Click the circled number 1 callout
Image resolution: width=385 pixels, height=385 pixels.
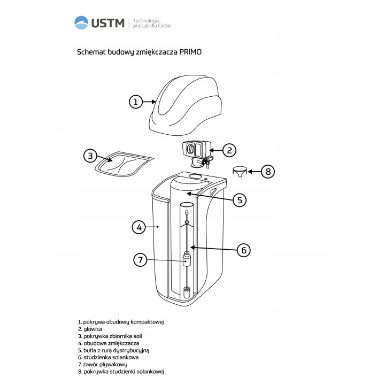pyautogui.click(x=136, y=102)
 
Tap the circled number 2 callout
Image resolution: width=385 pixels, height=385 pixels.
pyautogui.click(x=229, y=150)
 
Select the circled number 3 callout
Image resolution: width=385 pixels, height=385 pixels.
pyautogui.click(x=90, y=156)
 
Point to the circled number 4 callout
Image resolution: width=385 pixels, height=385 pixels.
pyautogui.click(x=139, y=227)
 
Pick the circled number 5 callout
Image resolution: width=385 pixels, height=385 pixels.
pyautogui.click(x=240, y=200)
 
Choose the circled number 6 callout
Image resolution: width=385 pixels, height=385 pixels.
pyautogui.click(x=244, y=250)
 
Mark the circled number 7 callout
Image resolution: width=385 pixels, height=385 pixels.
pyautogui.click(x=140, y=260)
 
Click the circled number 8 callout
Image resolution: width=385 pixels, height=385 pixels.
pyautogui.click(x=268, y=172)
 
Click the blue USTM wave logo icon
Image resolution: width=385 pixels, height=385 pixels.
pyautogui.click(x=81, y=22)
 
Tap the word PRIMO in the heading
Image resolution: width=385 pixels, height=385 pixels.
pyautogui.click(x=190, y=52)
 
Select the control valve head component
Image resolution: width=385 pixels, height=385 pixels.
pyautogui.click(x=197, y=154)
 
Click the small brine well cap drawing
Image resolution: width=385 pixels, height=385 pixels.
pyautogui.click(x=240, y=172)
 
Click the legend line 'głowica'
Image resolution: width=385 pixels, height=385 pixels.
pyautogui.click(x=90, y=329)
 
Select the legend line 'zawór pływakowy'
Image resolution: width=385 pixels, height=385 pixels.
pyautogui.click(x=103, y=365)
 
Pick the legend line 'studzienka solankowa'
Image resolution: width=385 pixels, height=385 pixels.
pyautogui.click(x=108, y=358)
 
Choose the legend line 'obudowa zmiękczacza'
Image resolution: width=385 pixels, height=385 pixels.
pyautogui.click(x=109, y=343)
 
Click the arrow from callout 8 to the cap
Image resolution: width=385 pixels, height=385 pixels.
pyautogui.click(x=254, y=172)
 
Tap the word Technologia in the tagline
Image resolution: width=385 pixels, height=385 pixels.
pyautogui.click(x=146, y=21)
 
